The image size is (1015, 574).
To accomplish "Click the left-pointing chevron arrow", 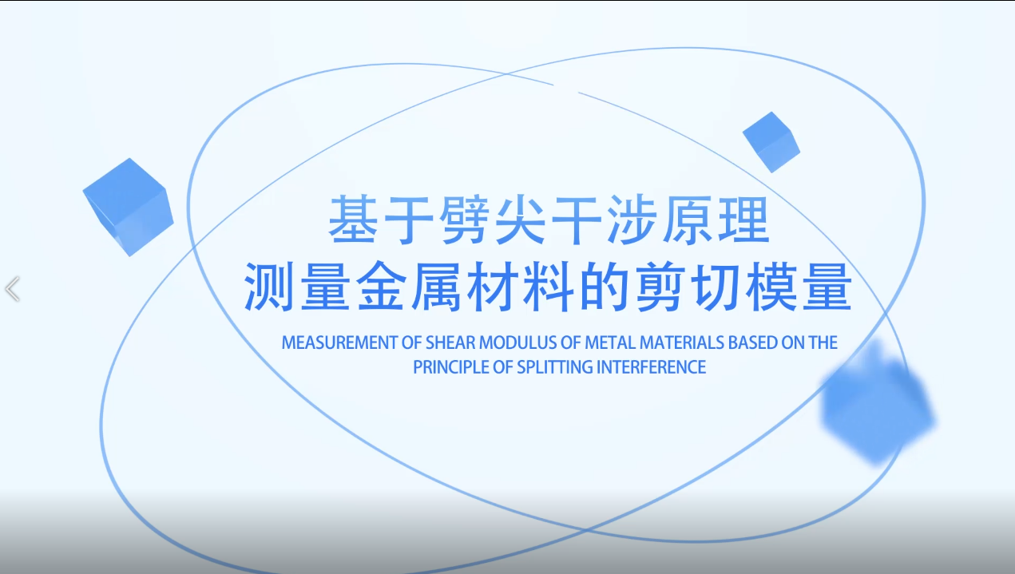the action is [12, 288].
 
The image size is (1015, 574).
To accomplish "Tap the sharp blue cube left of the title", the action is [129, 207].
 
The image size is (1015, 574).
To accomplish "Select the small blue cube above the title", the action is [771, 142].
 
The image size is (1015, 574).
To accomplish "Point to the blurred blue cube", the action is [877, 403].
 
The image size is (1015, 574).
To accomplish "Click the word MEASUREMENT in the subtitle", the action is [339, 342].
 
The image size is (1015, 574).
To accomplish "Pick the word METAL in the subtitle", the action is [610, 342].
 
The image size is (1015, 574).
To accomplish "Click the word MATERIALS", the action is [682, 342].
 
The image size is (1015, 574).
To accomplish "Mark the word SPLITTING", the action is [555, 367].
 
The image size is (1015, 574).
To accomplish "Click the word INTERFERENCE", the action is [651, 367].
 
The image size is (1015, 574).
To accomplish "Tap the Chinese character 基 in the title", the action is [353, 220].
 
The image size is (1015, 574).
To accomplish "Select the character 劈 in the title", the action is [465, 220].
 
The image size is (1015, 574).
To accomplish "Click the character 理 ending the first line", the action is [743, 220].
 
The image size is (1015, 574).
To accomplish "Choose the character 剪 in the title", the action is [660, 287].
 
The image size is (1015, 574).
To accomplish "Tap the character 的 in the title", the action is [604, 287].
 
